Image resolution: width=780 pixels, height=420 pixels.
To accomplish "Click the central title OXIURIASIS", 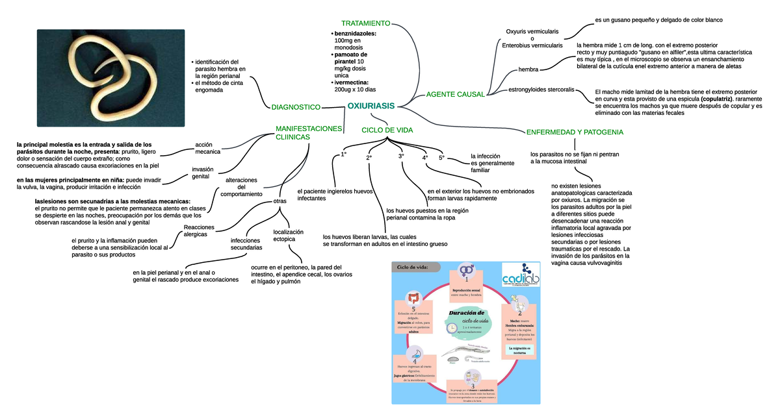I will [x=370, y=105].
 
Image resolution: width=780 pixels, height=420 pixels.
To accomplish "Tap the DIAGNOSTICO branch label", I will [x=295, y=106].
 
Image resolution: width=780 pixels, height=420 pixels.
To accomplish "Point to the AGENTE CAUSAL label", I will [x=455, y=95].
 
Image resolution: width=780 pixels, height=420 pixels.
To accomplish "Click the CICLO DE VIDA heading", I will [x=387, y=130].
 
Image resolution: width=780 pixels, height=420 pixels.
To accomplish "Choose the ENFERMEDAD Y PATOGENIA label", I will [x=575, y=132].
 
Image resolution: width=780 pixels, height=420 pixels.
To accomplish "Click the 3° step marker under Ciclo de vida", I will [x=401, y=156].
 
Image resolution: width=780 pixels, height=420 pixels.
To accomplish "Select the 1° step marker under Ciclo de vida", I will [x=344, y=154].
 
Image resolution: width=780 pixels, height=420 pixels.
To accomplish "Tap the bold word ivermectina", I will [x=352, y=82].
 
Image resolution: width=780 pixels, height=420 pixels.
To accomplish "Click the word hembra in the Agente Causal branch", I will [x=528, y=69].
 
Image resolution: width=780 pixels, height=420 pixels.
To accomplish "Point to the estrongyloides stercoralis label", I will [x=541, y=89].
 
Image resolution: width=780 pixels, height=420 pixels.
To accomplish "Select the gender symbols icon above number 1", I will [x=466, y=269].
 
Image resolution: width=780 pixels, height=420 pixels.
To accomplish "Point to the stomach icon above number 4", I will [x=414, y=353].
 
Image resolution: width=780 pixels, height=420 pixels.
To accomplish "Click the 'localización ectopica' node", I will [x=289, y=236].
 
